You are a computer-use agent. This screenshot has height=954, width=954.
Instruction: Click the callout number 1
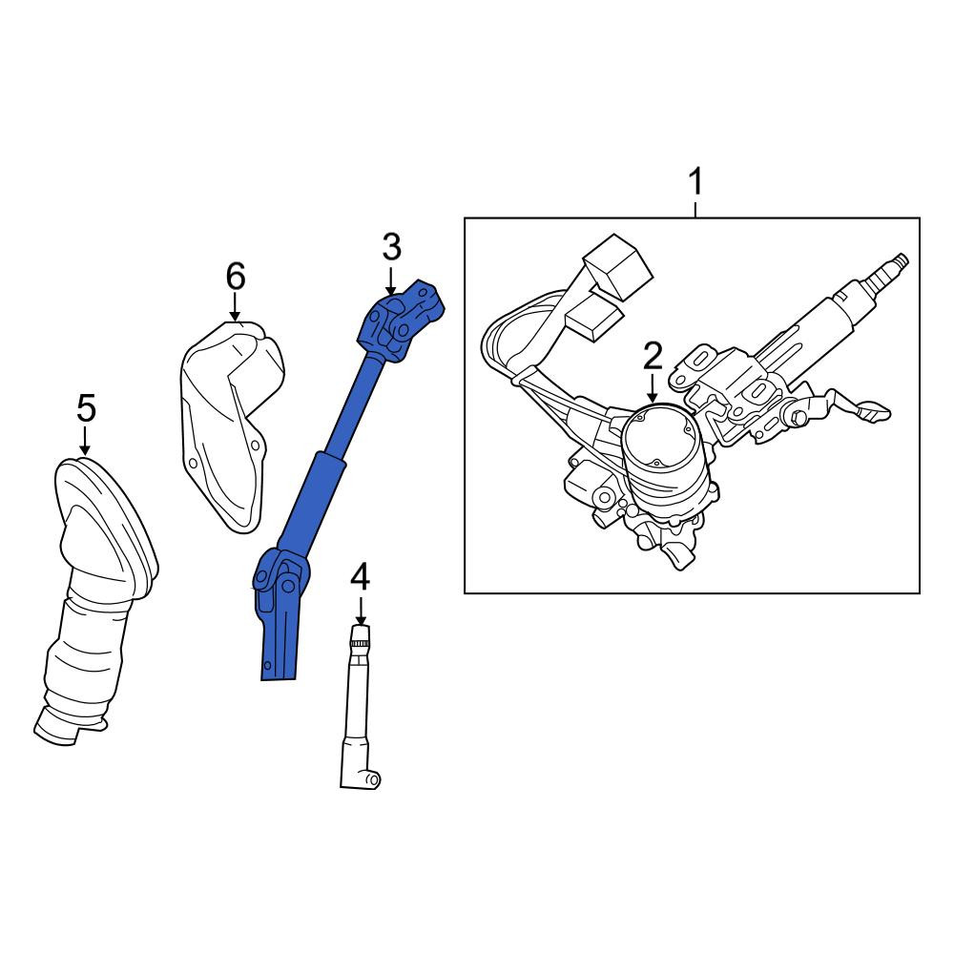[x=695, y=181]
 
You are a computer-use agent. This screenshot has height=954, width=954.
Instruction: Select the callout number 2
[x=653, y=356]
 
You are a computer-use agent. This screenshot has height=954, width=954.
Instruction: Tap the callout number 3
[x=392, y=247]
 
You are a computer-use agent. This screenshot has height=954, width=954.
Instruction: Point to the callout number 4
[x=361, y=577]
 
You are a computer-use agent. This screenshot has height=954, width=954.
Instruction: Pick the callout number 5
[x=86, y=407]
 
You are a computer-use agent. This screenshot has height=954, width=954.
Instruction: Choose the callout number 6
[x=236, y=277]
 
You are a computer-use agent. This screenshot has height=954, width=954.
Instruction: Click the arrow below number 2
[x=653, y=388]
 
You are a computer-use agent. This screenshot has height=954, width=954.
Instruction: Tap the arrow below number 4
[x=361, y=611]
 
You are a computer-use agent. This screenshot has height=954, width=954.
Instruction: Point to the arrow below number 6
[x=235, y=306]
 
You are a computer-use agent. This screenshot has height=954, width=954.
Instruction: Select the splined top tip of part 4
[x=361, y=635]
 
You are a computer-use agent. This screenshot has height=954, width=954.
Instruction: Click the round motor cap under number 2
[x=658, y=437]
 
